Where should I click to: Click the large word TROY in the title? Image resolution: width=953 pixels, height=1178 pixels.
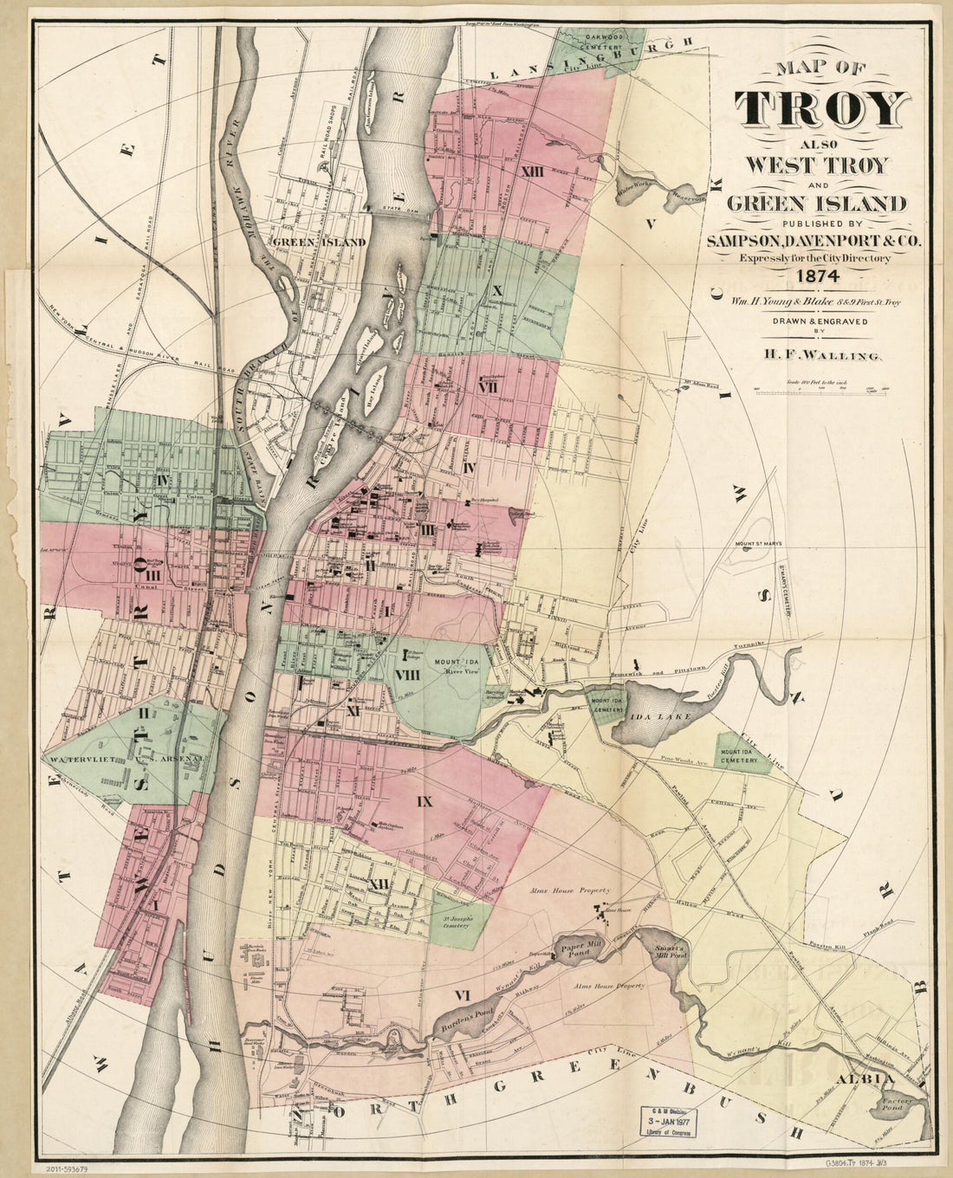coord(820,111)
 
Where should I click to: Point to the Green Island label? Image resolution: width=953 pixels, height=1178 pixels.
coord(320,243)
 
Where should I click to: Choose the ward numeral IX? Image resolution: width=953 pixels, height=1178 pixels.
coord(424,803)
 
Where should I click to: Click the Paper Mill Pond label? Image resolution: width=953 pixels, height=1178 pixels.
coord(580,949)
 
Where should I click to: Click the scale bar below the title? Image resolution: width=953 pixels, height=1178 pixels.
coord(814,392)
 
